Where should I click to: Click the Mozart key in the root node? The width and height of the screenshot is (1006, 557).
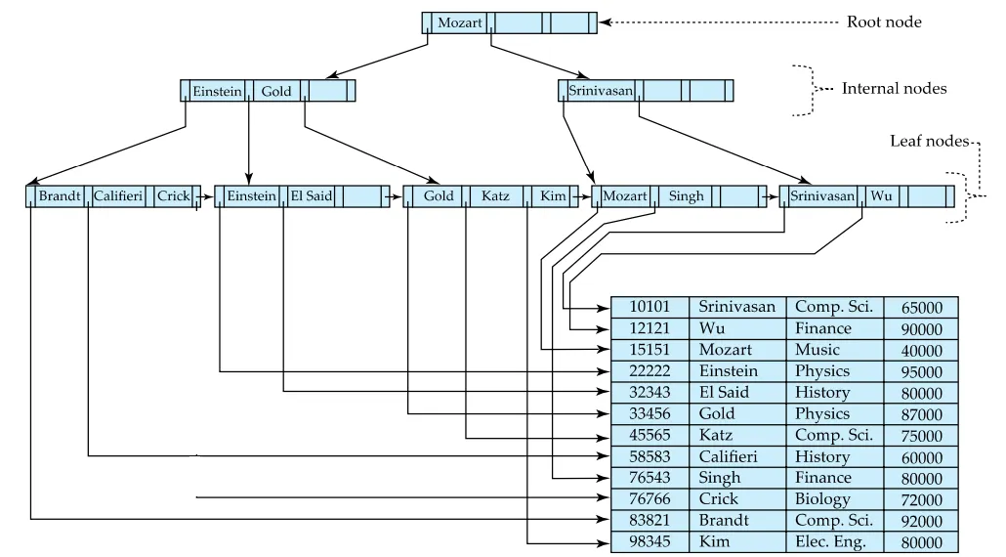(x=460, y=22)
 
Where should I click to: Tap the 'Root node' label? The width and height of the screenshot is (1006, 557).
(x=883, y=22)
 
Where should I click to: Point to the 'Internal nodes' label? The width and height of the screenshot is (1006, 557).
(x=894, y=89)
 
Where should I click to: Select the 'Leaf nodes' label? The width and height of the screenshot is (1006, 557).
(x=929, y=142)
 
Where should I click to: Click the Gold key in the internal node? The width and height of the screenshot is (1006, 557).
(x=276, y=91)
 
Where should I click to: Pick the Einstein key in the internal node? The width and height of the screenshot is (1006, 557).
(x=217, y=91)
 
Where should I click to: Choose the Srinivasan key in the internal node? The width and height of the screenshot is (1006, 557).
(x=601, y=91)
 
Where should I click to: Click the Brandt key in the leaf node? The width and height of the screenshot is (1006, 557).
(x=60, y=196)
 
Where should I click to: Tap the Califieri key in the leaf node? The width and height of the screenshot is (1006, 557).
(x=118, y=196)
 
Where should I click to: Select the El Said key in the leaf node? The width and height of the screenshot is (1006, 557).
(x=311, y=196)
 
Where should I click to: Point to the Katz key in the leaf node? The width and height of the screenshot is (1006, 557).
(x=495, y=196)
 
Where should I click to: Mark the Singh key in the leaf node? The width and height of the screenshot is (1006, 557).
(x=686, y=196)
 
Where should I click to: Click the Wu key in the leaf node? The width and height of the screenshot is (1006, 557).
(x=881, y=196)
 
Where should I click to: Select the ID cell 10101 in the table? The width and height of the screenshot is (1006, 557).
(x=650, y=307)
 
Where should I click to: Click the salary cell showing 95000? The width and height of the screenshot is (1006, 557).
(x=921, y=372)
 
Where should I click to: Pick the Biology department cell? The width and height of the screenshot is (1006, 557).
(x=822, y=499)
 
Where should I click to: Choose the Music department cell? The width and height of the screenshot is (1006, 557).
(x=817, y=350)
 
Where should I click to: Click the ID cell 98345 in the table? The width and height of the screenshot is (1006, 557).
(x=650, y=542)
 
